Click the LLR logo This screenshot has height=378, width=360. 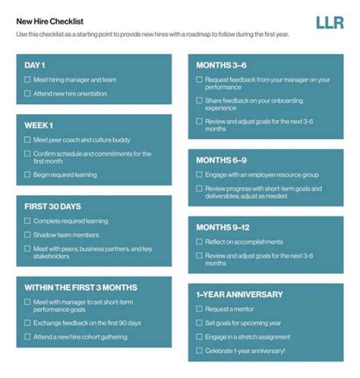coord(329,23)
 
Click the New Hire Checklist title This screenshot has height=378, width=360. coord(50,22)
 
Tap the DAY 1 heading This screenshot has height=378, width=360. coord(35,65)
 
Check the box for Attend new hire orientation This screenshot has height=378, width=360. coord(27,94)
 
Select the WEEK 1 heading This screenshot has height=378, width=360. coord(38,125)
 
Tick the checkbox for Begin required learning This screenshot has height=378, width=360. coord(27,175)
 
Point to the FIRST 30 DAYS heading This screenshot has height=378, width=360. coord(52,206)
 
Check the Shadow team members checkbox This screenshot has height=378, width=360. coord(27,235)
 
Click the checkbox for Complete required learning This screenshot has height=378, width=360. coord(27,221)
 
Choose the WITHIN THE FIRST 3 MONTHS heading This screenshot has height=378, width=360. coord(80,287)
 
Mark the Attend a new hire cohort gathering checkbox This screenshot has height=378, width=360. coord(27,337)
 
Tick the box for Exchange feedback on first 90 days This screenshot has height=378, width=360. coord(27,323)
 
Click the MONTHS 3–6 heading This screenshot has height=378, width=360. coord(221,65)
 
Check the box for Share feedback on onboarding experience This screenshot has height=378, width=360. coord(199,101)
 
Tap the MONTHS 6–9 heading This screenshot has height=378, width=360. coord(221,160)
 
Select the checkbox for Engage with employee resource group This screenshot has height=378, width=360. coord(199,175)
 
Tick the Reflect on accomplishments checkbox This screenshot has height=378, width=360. coord(199,242)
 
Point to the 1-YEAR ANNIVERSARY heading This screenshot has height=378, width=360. coord(239,294)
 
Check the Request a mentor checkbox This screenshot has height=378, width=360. coord(199,309)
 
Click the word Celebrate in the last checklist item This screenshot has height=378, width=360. coord(218,351)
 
